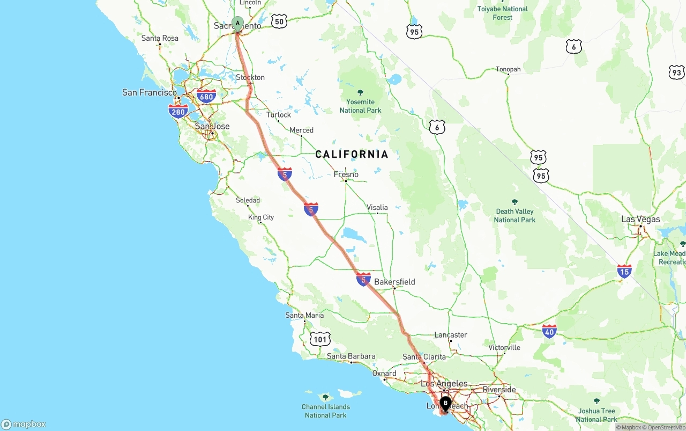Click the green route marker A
coord(237,24)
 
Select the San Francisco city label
coord(149,92)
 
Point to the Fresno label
coord(346,174)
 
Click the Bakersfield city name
coord(394,282)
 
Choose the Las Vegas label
coord(640,219)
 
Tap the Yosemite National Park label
coord(360,106)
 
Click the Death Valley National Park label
coord(514,215)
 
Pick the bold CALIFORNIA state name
coord(352,155)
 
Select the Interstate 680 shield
coord(206,97)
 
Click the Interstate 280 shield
coord(178,112)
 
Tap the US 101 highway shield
coord(320,339)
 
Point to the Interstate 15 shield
coord(624,271)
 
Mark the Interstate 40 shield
coord(549,331)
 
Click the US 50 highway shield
coord(279,21)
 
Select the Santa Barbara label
coord(351,356)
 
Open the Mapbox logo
coord(24,424)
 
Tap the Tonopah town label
coord(508,69)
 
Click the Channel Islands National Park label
coord(325,411)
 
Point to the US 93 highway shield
coord(676,72)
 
